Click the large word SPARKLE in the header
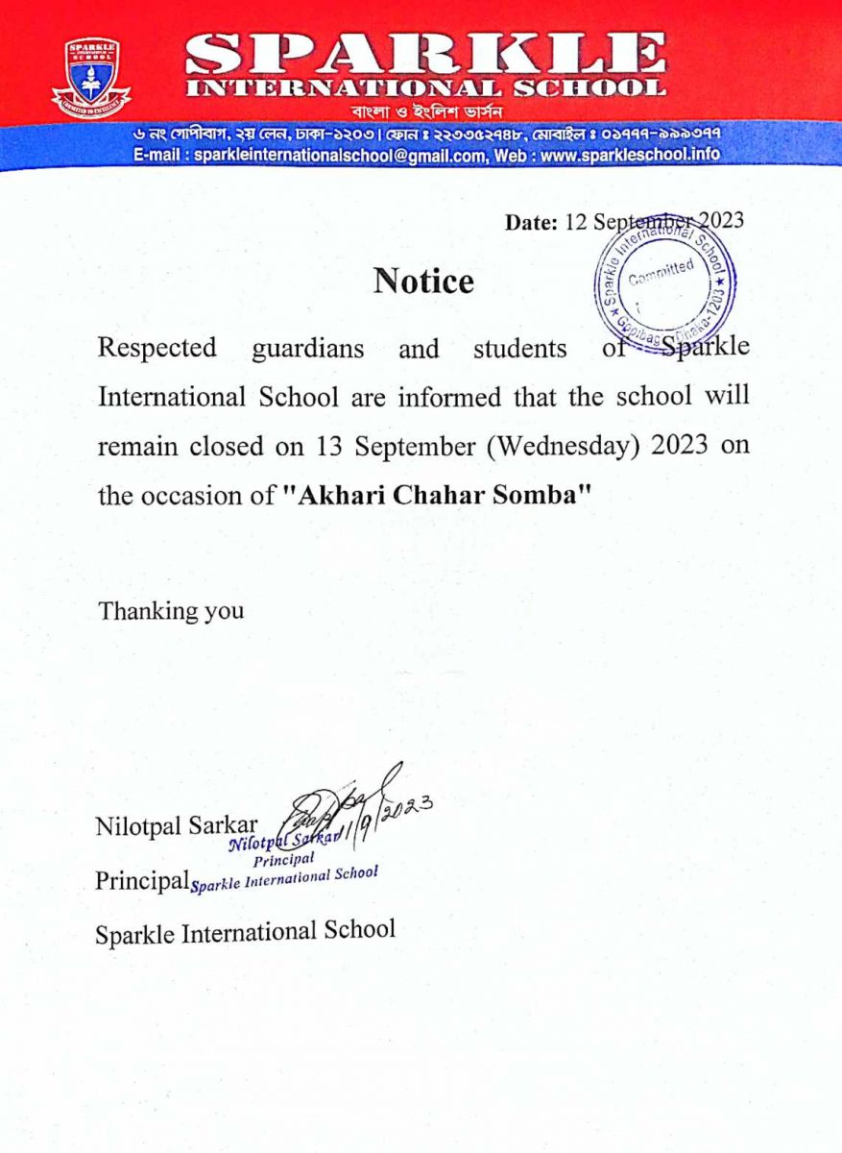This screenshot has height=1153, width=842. (x=424, y=53)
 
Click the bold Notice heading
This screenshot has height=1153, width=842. (x=423, y=282)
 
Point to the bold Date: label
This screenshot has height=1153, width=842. (x=533, y=222)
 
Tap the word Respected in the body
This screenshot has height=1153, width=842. (x=157, y=348)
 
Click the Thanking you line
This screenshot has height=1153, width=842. (x=172, y=610)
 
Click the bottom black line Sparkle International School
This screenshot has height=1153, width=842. (x=245, y=931)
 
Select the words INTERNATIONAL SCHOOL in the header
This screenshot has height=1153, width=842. (x=424, y=89)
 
